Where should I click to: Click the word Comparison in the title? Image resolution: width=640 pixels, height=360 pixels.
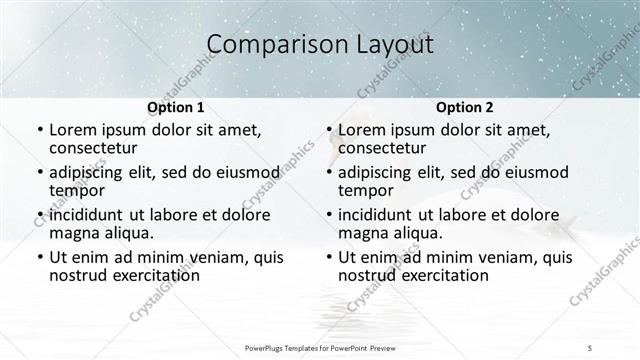click(267, 44)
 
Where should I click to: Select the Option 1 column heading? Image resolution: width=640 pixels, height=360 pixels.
click(175, 107)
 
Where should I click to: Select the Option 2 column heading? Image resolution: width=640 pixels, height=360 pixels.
click(465, 107)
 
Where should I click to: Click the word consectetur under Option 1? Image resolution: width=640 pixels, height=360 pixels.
click(97, 149)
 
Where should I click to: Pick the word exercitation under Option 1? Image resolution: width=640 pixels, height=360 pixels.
click(158, 275)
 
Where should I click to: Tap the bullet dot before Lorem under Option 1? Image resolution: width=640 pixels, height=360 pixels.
click(39, 131)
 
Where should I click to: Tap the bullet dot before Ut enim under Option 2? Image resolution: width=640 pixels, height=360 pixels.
click(329, 258)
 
